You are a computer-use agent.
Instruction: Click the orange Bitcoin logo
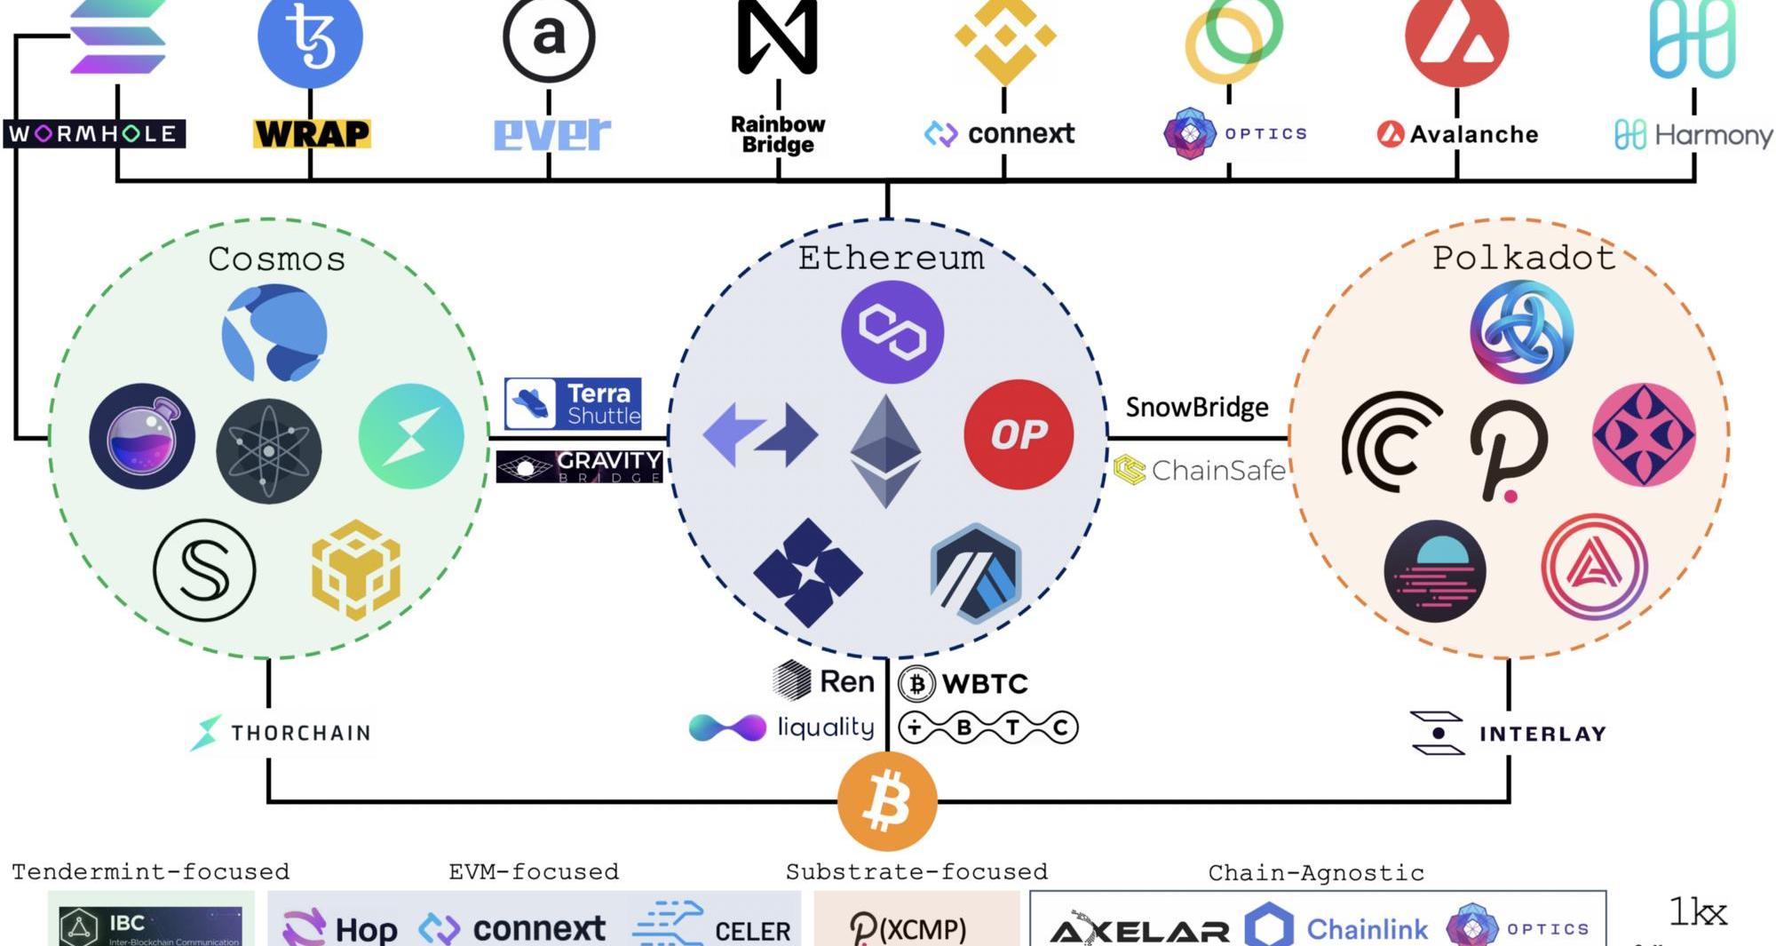tap(887, 801)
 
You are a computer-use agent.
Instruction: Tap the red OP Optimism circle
tap(1019, 434)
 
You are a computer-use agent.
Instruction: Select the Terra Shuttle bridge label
tap(573, 403)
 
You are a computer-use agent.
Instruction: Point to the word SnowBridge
tap(1197, 408)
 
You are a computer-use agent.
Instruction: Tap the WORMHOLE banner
tap(94, 134)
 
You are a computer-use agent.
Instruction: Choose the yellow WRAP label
tap(312, 134)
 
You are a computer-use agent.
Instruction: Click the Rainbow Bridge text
tap(778, 135)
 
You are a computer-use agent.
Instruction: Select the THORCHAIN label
tap(282, 733)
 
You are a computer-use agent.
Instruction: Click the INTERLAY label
tap(1510, 734)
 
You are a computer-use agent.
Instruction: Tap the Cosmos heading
tap(276, 259)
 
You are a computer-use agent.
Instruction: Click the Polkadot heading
tap(1523, 258)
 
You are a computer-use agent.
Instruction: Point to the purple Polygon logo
tap(892, 332)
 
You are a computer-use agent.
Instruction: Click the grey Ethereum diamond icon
tap(885, 451)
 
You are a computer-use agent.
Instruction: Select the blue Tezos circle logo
tap(310, 37)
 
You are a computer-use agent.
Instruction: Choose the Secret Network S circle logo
tap(204, 570)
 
